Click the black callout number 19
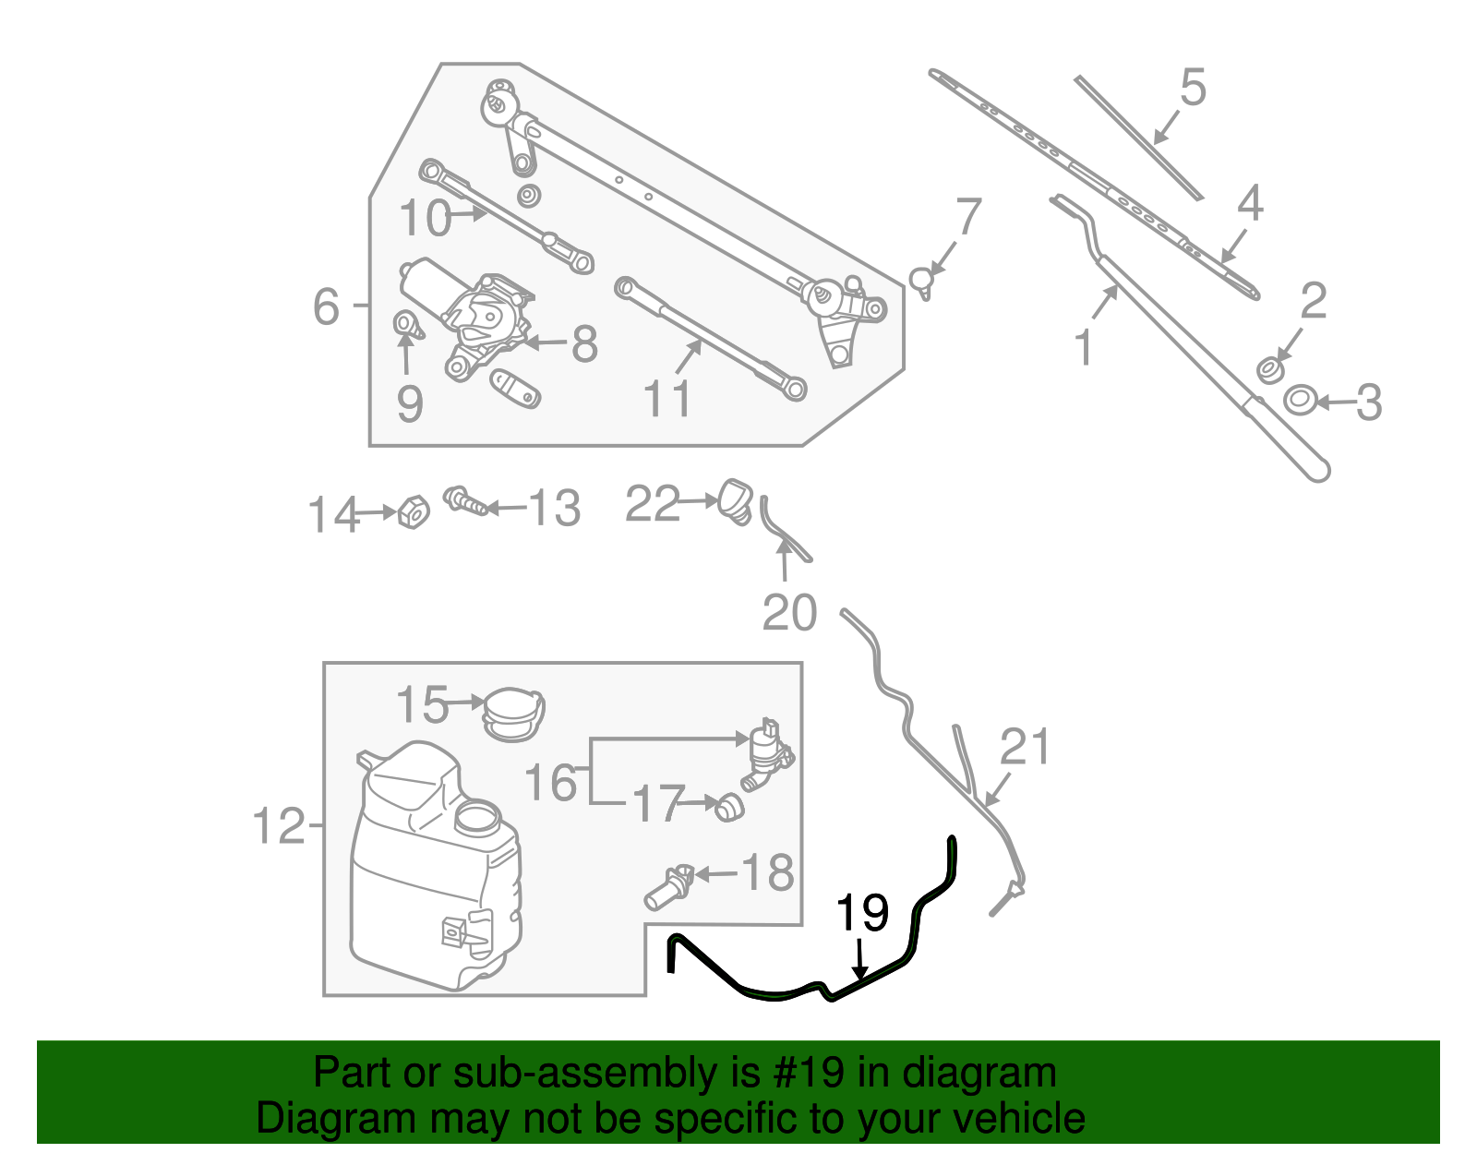coord(861,914)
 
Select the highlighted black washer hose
coord(775,996)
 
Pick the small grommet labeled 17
coord(729,809)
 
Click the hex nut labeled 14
coord(414,511)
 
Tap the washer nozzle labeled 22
coord(736,499)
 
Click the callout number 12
coord(278,825)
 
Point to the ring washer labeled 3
coord(1300,401)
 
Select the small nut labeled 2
coord(1270,370)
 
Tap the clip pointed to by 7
coord(922,279)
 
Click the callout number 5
coord(1193,88)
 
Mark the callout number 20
coord(790,613)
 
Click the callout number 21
coord(1026,747)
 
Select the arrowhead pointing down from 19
coord(860,971)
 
